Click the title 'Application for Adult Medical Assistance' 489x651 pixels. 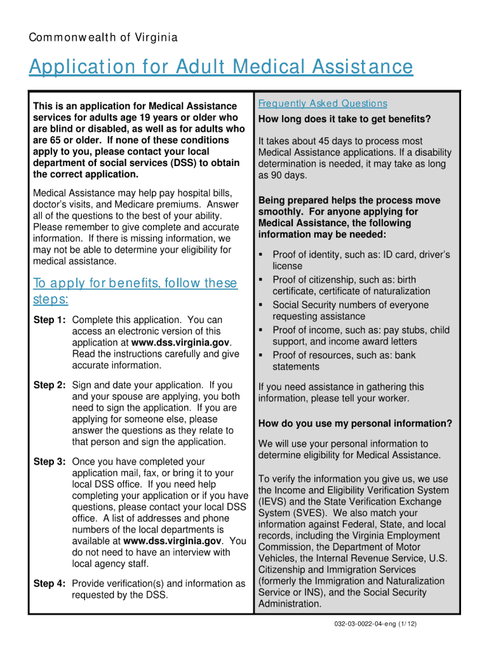tap(220, 67)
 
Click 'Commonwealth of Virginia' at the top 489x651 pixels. tap(103, 38)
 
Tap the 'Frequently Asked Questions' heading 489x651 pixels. tap(323, 104)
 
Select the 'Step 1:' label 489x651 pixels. tap(50, 320)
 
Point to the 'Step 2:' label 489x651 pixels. tap(50, 385)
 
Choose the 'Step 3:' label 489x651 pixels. tap(50, 462)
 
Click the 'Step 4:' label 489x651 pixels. tap(50, 584)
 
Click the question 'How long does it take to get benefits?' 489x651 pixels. tap(344, 120)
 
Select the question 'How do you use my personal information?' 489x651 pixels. tap(355, 424)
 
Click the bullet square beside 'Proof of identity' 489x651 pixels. tap(261, 255)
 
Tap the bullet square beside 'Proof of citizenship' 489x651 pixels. tap(261, 280)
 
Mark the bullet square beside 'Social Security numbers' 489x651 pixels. tap(261, 305)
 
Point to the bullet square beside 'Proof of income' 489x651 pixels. tap(261, 330)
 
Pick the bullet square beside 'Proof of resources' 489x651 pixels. tap(261, 355)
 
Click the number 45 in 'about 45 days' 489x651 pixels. tap(321, 141)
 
